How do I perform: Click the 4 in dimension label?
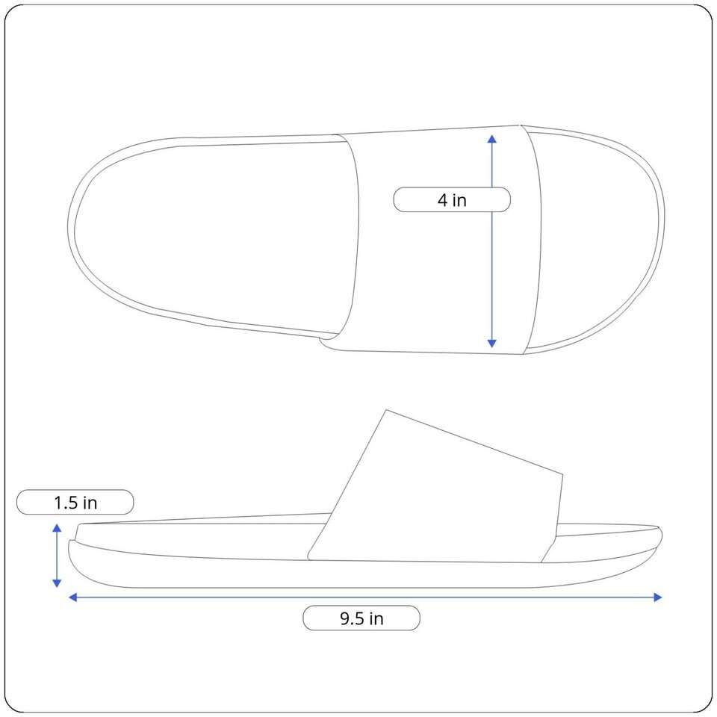point(452,200)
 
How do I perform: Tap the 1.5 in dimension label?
point(75,503)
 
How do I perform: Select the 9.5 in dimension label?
point(361,618)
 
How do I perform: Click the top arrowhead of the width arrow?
point(492,139)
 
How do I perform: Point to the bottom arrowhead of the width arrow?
point(492,344)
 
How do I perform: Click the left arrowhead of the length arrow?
point(72,597)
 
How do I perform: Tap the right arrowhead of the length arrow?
point(658,597)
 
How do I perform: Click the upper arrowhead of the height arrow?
point(57,528)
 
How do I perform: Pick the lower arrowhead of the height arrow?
point(57,583)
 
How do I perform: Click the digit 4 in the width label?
point(442,200)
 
